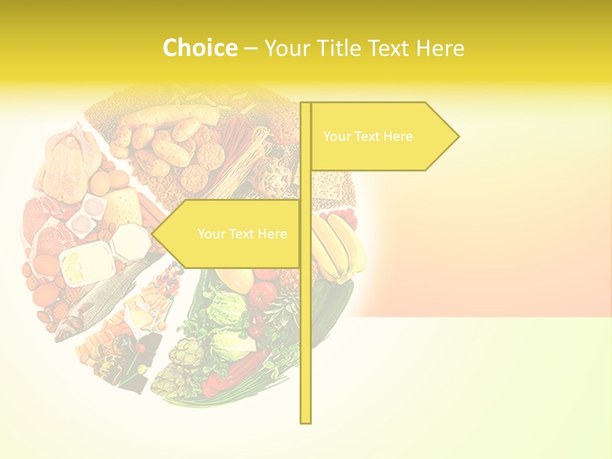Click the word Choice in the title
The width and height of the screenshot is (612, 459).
click(200, 48)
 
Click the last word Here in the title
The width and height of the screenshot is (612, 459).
click(440, 48)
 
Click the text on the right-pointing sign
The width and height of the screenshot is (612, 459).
click(368, 136)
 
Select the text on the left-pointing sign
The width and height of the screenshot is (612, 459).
click(242, 234)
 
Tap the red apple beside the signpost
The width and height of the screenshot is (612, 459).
click(263, 293)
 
